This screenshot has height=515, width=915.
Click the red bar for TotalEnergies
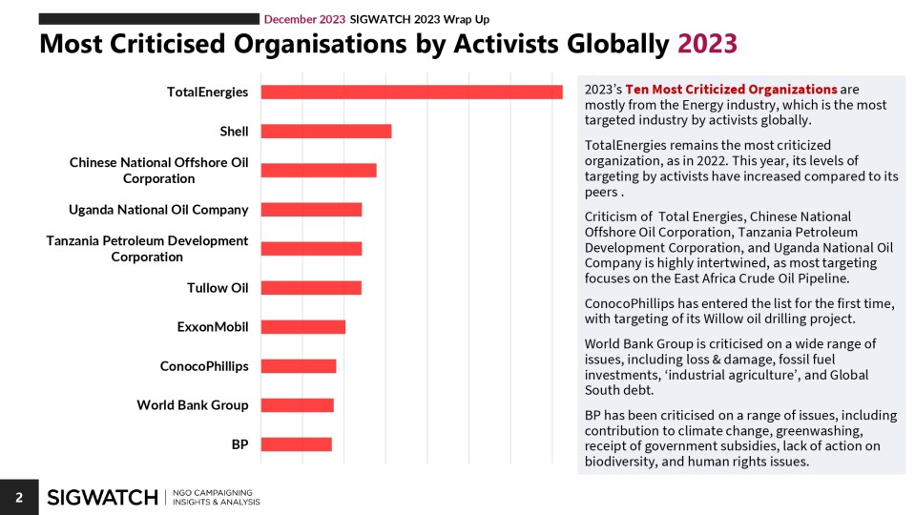(411, 92)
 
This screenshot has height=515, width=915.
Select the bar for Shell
(325, 131)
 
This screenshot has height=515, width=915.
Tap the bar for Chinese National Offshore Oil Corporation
(318, 170)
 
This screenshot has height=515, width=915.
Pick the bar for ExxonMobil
(302, 327)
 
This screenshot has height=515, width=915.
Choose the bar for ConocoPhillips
(298, 366)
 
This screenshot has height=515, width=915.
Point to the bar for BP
(296, 444)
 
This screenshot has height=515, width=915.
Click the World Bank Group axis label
(192, 405)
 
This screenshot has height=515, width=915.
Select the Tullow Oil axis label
(218, 288)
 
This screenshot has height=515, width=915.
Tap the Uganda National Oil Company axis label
(158, 210)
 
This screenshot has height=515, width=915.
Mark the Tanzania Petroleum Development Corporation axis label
(147, 249)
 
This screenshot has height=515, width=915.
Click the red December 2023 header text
(305, 19)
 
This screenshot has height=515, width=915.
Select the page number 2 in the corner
(18, 497)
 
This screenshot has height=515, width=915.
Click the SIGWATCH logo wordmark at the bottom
(102, 497)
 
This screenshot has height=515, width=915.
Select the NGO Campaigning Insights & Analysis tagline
(217, 497)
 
